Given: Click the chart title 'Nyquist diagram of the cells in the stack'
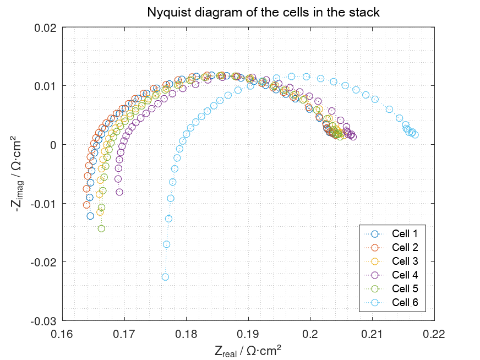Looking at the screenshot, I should [x=263, y=12].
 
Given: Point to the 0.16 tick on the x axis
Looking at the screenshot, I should [x=62, y=333].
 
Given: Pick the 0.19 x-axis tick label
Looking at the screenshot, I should [x=248, y=333].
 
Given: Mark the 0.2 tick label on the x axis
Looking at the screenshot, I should [x=310, y=333].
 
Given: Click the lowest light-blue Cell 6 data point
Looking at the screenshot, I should [x=165, y=277].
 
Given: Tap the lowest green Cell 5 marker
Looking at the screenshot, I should [x=101, y=228].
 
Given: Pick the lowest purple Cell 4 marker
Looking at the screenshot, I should [x=119, y=192].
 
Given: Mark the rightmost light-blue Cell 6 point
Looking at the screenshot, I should [x=415, y=135].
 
